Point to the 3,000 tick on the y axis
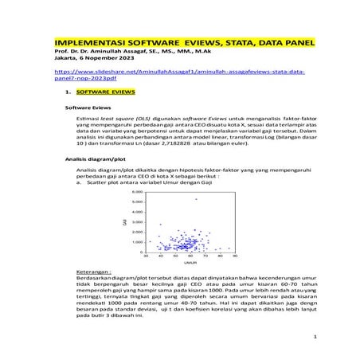135,222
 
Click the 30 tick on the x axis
145,256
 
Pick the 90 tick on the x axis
234,256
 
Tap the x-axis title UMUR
190,262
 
